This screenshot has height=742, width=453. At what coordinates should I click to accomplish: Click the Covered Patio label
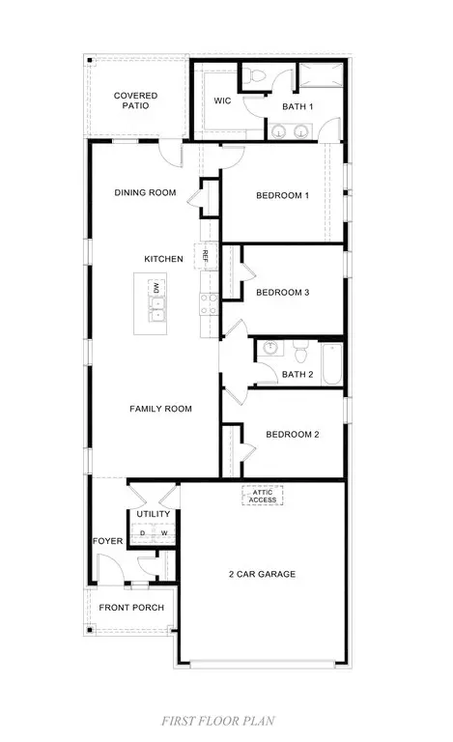pos(136,100)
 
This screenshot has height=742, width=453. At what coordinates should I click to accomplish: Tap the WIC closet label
pos(222,100)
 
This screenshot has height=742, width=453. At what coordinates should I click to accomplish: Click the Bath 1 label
pos(297,106)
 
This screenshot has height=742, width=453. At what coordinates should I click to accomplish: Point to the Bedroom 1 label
pos(282,195)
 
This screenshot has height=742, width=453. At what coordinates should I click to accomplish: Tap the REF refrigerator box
pos(206,256)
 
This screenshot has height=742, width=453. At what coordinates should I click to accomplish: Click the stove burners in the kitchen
pos(209,304)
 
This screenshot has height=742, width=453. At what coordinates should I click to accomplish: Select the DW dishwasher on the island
pos(156,287)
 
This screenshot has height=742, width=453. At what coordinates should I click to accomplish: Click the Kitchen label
pos(163,259)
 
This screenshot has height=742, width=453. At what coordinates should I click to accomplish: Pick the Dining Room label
pos(145,192)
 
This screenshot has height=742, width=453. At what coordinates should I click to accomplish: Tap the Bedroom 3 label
pos(282,293)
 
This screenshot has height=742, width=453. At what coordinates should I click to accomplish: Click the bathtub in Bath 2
pos(332,364)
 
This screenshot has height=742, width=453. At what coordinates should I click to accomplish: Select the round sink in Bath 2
pos(270,348)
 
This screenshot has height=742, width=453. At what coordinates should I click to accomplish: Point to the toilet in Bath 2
pos(299,351)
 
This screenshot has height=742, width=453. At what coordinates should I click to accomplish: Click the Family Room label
pos(160,409)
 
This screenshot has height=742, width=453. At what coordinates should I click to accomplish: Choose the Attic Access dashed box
pos(263,496)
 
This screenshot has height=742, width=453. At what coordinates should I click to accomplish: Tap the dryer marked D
pos(142,533)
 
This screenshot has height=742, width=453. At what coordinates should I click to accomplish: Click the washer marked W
pos(164,533)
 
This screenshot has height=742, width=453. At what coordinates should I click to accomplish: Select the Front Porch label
pos(131,607)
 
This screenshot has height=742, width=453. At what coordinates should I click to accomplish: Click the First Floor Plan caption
pos(218,721)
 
